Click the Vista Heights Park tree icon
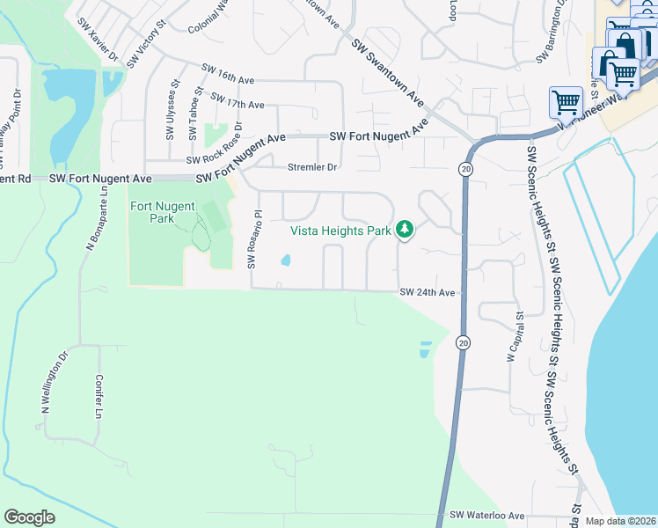click(x=404, y=230)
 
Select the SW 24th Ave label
click(x=427, y=292)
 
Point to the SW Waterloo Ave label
click(x=486, y=516)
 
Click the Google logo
click(x=30, y=517)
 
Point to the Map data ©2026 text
click(x=621, y=521)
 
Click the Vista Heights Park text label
click(x=341, y=231)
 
